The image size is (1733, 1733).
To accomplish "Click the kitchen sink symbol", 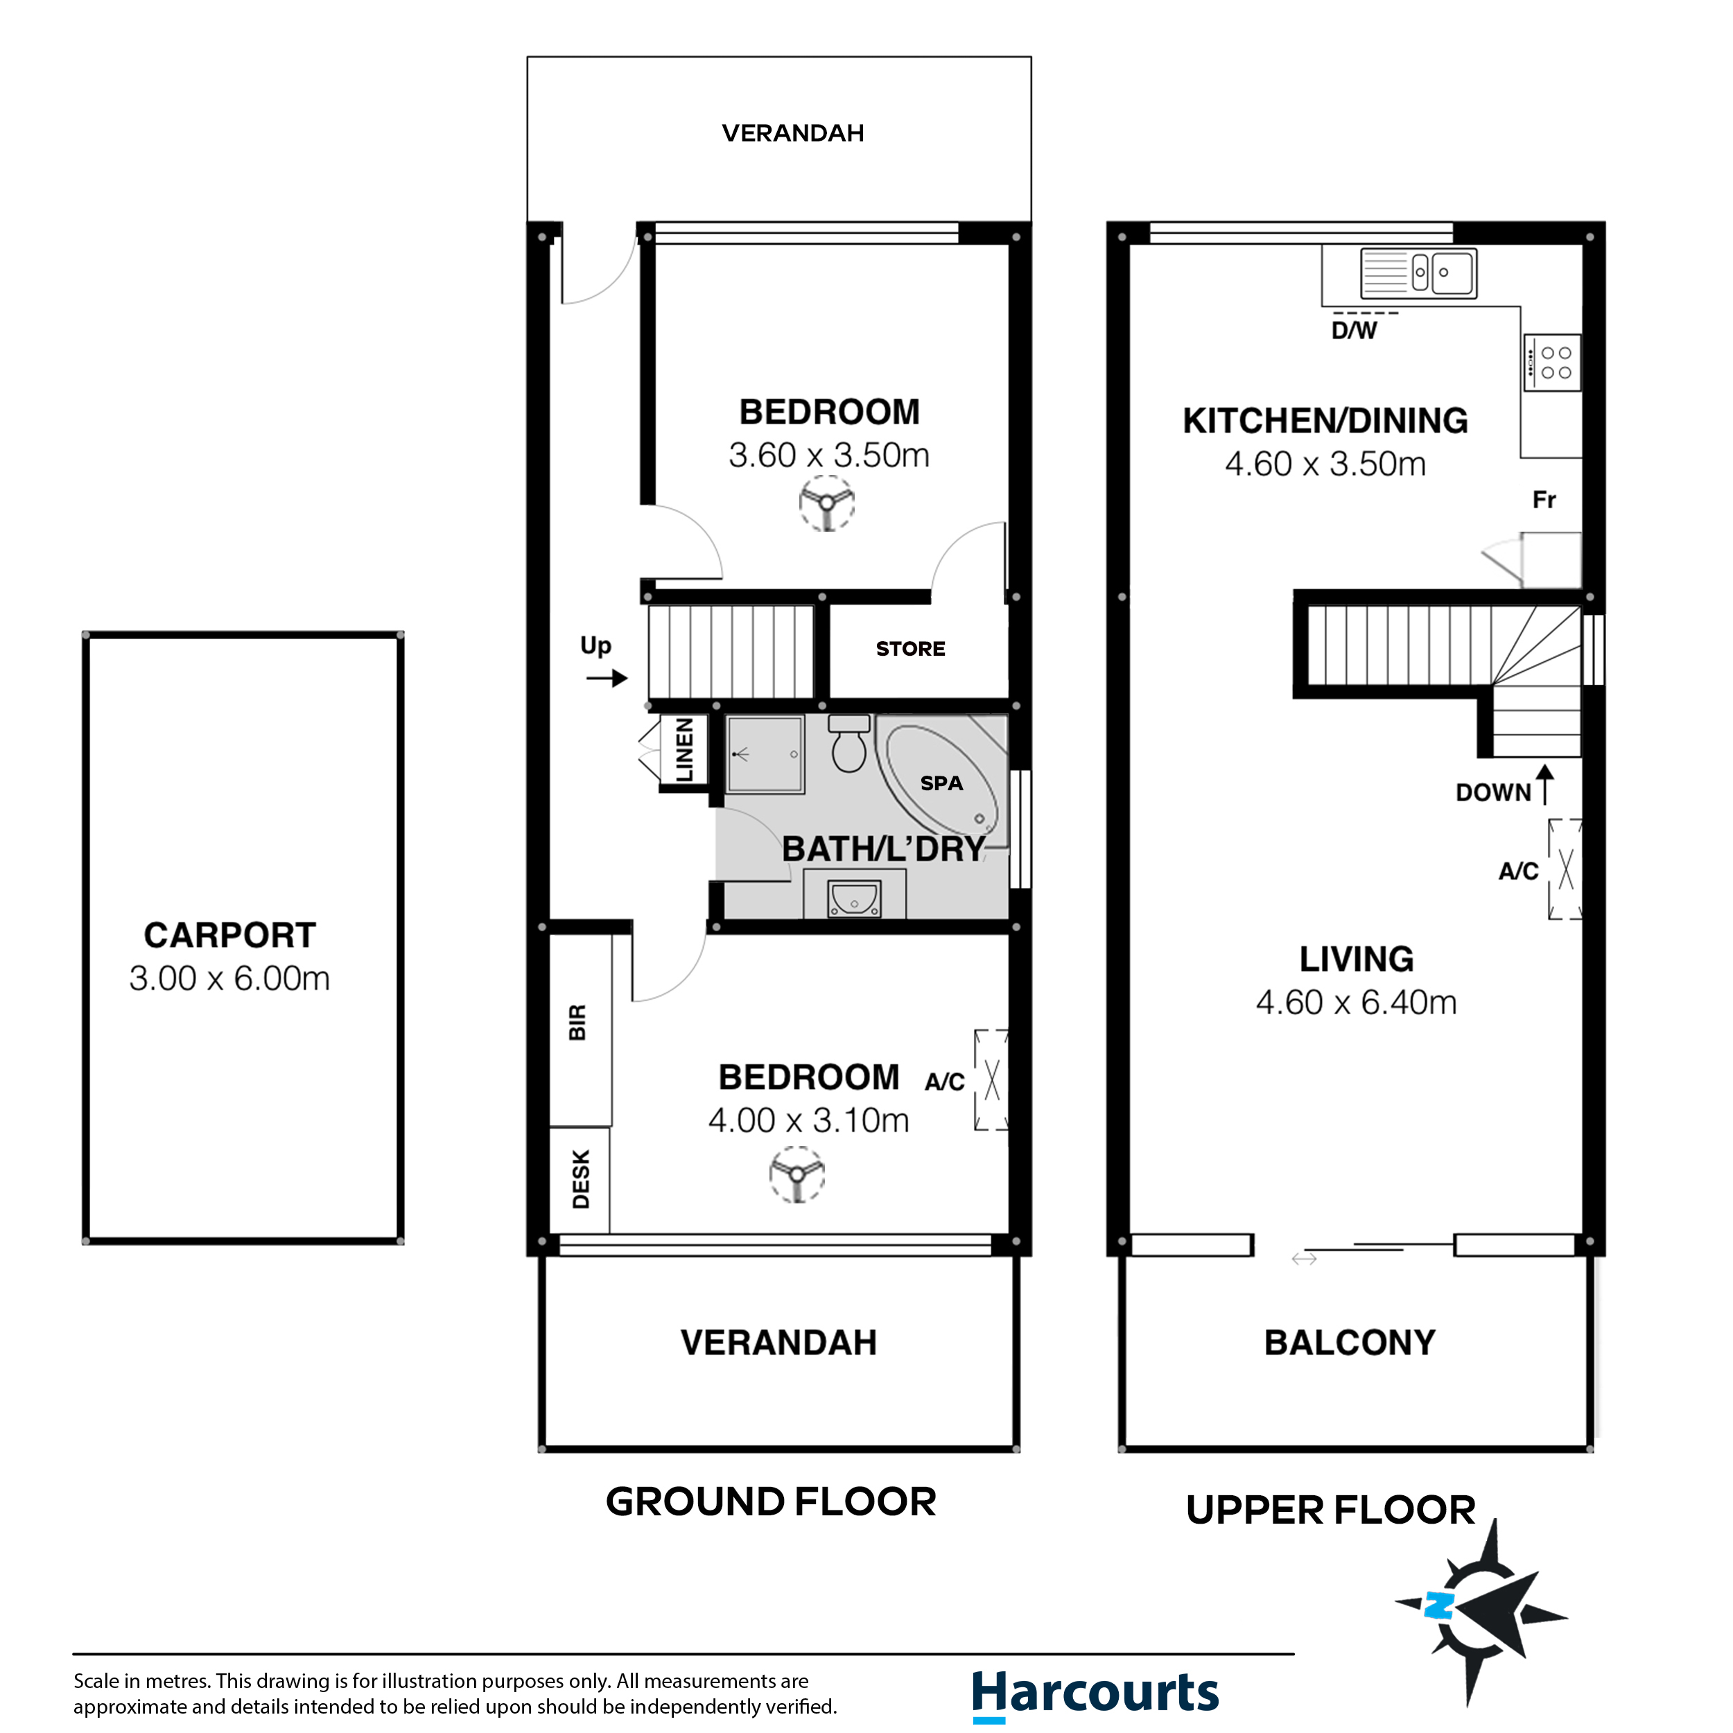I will click(x=1418, y=272).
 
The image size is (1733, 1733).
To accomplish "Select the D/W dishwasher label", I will click(x=1354, y=330).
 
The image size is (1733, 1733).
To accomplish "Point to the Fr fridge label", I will click(x=1544, y=500).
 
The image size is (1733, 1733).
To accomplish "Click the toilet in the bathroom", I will click(x=848, y=744).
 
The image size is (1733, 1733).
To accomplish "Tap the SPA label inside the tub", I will click(x=941, y=783).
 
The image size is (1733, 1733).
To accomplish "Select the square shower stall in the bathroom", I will click(x=764, y=754).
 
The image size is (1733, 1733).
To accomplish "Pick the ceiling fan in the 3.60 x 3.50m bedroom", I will click(x=826, y=503).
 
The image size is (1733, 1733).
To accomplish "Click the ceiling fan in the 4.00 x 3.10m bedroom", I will click(x=796, y=1176).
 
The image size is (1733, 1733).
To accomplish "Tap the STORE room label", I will click(x=909, y=649).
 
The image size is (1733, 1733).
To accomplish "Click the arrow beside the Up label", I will click(x=607, y=678).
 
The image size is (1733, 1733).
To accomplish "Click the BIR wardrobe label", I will click(x=577, y=1022).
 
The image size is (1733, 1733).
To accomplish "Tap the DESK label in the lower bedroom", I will click(x=580, y=1180).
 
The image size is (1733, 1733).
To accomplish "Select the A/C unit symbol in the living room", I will click(x=1565, y=869).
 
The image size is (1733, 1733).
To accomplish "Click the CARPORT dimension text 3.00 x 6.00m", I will click(x=229, y=977).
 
